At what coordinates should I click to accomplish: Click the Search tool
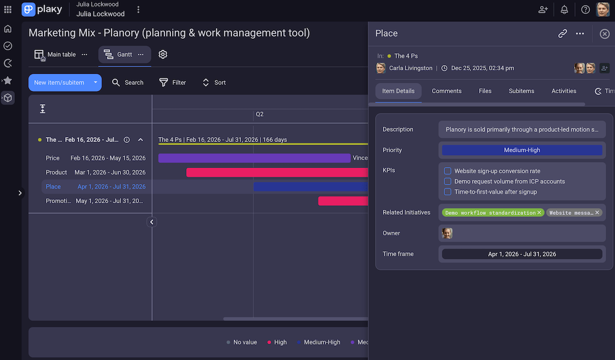pyautogui.click(x=128, y=83)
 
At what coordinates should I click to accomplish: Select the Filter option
pyautogui.click(x=173, y=83)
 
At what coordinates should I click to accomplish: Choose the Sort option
pyautogui.click(x=214, y=83)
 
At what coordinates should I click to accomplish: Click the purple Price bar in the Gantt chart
pyautogui.click(x=254, y=158)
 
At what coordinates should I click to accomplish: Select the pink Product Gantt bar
pyautogui.click(x=277, y=172)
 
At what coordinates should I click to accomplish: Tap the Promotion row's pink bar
pyautogui.click(x=343, y=201)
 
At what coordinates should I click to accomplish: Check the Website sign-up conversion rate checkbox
pyautogui.click(x=447, y=171)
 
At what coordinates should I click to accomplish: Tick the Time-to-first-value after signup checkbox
pyautogui.click(x=447, y=192)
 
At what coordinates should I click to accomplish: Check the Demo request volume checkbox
pyautogui.click(x=447, y=182)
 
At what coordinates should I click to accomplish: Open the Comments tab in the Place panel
pyautogui.click(x=446, y=91)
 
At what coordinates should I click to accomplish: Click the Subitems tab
pyautogui.click(x=521, y=91)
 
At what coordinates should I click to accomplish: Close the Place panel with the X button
pyautogui.click(x=604, y=34)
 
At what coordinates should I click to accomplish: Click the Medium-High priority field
pyautogui.click(x=522, y=150)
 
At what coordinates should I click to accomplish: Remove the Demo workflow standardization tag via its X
pyautogui.click(x=539, y=212)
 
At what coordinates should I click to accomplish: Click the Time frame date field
pyautogui.click(x=522, y=254)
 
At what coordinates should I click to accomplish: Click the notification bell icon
pyautogui.click(x=564, y=10)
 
